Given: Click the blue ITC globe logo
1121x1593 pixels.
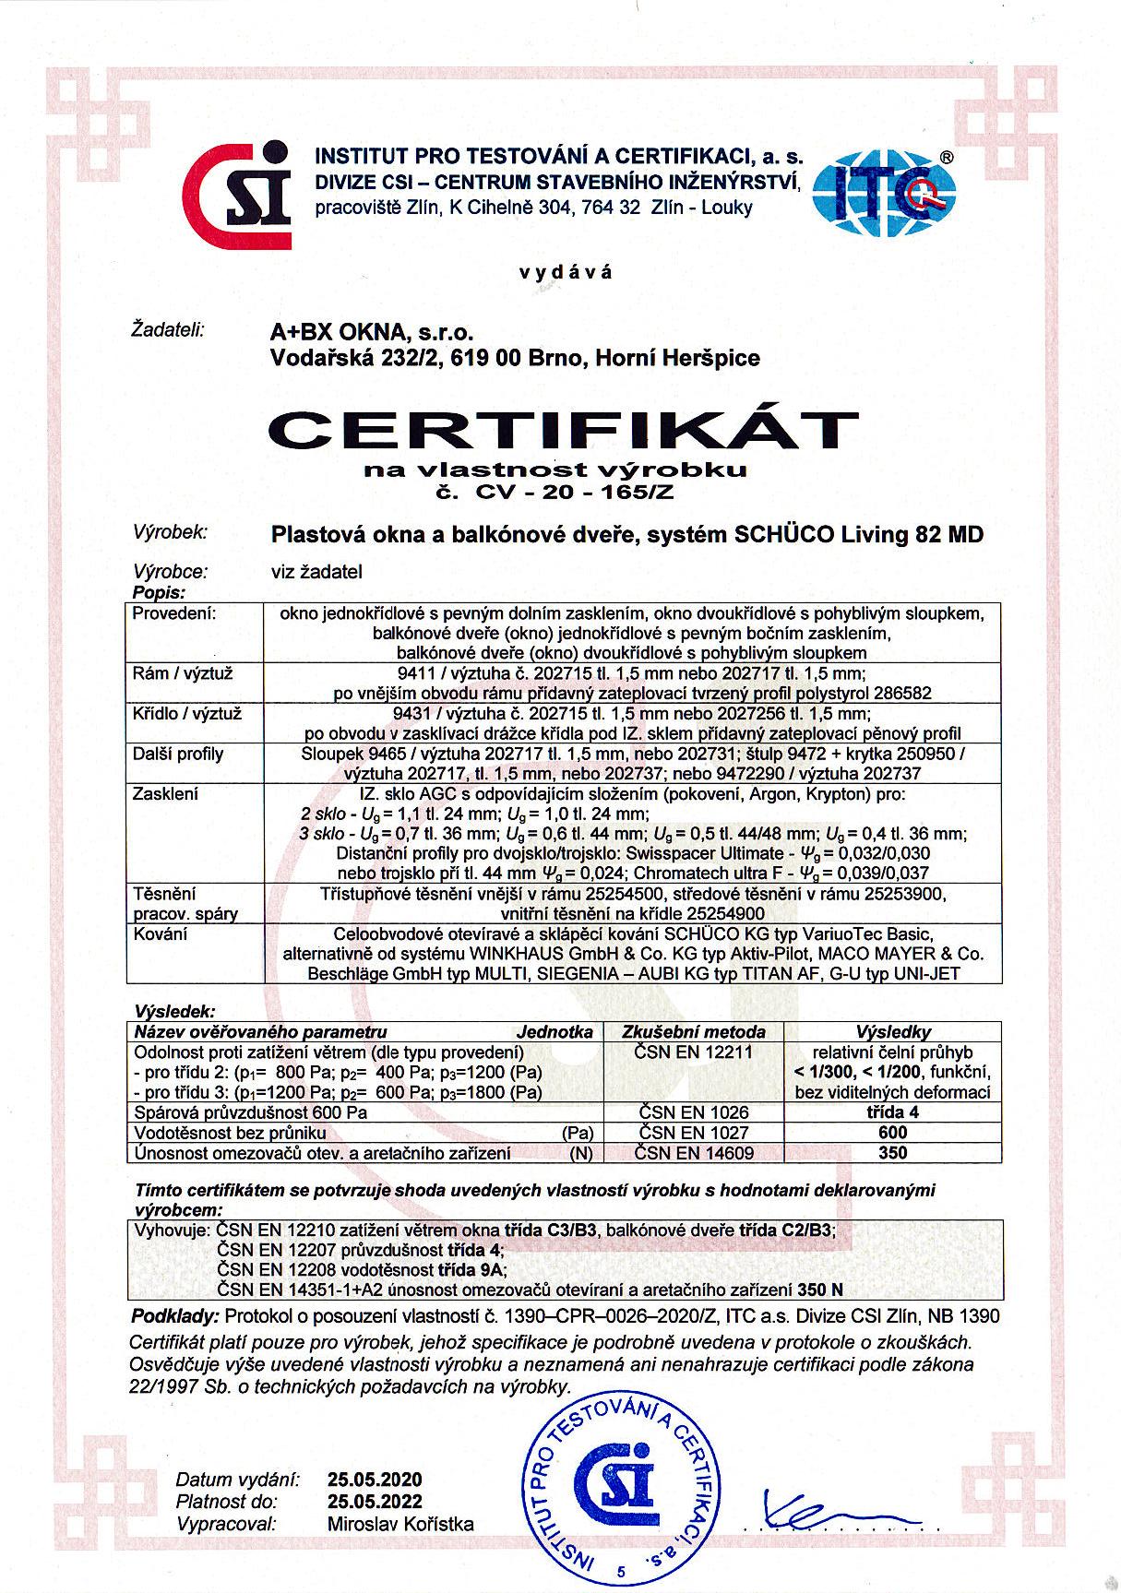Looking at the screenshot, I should point(884,190).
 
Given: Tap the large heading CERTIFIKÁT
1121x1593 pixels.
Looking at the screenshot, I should point(560,429).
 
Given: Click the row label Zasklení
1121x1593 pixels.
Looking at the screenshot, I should point(166,794).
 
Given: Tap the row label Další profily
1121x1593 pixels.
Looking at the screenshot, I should point(179,754).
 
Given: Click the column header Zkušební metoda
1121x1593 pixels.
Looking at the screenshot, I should point(695,1032).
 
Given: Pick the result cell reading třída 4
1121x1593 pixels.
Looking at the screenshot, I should point(893,1112).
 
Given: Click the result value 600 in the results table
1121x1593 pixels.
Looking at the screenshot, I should point(893,1132).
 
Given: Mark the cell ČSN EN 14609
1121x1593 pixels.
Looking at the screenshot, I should point(695,1152).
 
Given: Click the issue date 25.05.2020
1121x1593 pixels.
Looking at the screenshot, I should point(375,1480).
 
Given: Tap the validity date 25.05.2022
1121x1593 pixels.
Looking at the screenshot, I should point(375,1502).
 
